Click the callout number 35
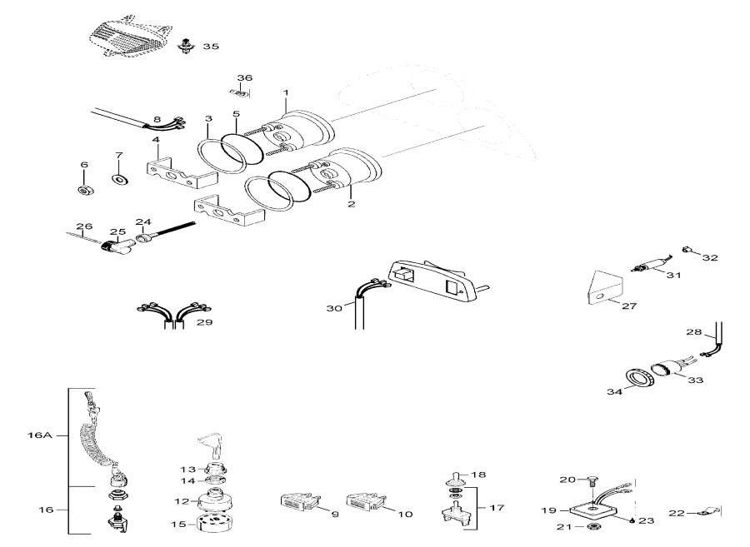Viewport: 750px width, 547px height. pos(211,47)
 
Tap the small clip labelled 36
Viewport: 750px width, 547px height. pos(237,92)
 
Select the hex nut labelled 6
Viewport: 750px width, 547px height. pos(84,190)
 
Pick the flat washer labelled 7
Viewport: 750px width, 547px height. pos(118,179)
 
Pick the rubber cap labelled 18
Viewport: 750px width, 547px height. pos(454,478)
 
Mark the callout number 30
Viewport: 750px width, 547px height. pos(334,309)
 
